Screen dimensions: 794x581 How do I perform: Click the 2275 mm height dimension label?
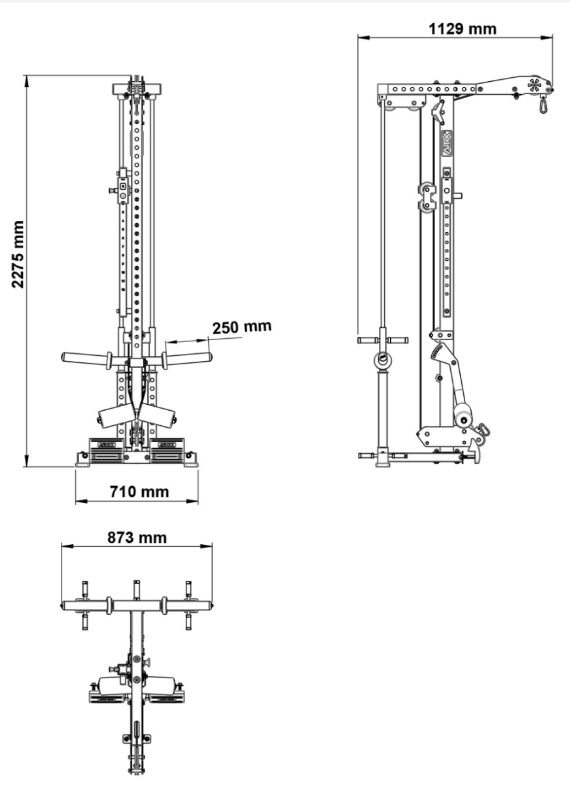(x=19, y=254)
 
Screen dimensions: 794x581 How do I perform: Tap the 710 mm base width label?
(x=138, y=491)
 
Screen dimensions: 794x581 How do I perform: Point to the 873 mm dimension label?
(x=137, y=538)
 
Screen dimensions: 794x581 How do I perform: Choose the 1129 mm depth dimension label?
(x=462, y=29)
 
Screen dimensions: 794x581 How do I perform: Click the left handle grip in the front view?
(x=84, y=358)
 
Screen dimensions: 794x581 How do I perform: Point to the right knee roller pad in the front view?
(x=160, y=415)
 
